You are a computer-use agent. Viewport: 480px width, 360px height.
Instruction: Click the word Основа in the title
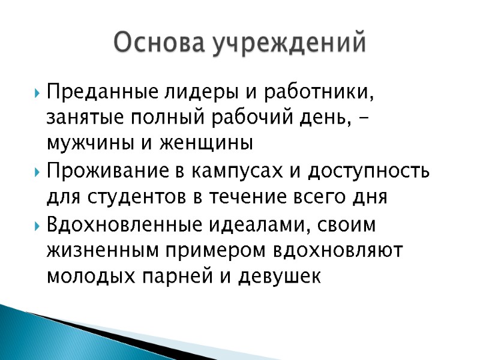(152, 43)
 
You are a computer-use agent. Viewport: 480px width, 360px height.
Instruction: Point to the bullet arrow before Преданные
(38, 94)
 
